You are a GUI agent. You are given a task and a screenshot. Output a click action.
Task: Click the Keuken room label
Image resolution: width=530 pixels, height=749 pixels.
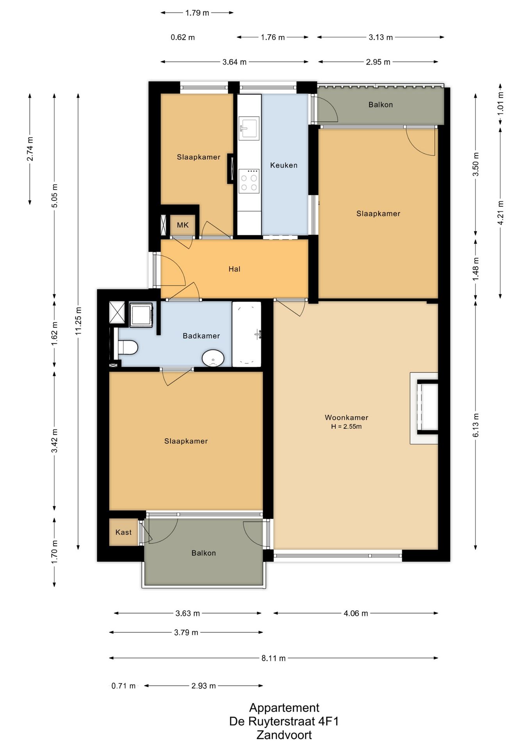(x=284, y=165)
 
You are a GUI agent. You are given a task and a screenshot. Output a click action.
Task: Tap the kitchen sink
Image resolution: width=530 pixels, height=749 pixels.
(x=249, y=128)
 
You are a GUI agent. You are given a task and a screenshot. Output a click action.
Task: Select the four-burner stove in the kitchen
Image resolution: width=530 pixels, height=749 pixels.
(x=249, y=181)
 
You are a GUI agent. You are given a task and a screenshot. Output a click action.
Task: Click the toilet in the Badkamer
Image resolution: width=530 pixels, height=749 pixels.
(x=128, y=347)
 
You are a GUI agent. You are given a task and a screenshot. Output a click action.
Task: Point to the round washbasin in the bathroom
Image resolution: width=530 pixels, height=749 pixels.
(x=213, y=358)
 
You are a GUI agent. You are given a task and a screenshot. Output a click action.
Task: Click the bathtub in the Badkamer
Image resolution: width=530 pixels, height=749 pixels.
(x=247, y=334)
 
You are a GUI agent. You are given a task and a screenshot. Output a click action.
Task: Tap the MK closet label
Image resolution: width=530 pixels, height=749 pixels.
(x=183, y=225)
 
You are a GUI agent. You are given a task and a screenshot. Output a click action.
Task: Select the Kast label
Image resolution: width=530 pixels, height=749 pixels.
(x=123, y=532)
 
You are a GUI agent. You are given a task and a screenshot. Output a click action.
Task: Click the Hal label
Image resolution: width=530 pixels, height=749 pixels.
(x=234, y=269)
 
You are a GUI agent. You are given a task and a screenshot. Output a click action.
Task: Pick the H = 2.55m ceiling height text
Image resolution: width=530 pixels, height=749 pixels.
(x=346, y=427)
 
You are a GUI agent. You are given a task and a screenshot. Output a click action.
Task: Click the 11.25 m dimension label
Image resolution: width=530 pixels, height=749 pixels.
(x=78, y=321)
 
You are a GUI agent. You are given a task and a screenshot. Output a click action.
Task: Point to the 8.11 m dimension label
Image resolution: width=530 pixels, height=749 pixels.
(x=273, y=658)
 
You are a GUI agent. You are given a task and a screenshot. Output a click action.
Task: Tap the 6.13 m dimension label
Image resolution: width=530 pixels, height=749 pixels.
(x=476, y=425)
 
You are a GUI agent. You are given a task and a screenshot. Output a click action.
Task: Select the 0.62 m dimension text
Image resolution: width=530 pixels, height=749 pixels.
(x=183, y=37)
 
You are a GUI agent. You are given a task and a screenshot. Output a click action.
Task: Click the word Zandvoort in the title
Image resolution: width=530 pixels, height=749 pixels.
(x=284, y=735)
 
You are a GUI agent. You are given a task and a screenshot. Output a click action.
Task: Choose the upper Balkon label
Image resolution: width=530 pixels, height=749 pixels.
(x=381, y=105)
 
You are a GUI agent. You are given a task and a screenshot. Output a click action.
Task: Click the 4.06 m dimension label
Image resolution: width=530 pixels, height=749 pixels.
(x=356, y=614)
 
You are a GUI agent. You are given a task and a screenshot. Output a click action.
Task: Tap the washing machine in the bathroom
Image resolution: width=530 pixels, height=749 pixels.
(x=141, y=315)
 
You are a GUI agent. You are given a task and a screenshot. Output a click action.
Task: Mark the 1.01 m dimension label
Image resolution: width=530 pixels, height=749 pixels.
(x=500, y=103)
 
